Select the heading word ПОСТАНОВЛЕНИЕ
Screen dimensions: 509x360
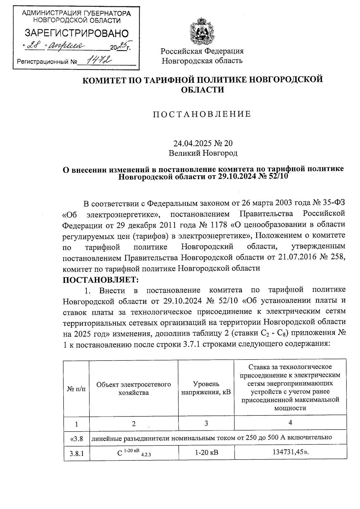point(202,114)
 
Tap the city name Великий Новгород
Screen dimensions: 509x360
point(203,153)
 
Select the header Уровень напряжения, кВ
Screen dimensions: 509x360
point(206,388)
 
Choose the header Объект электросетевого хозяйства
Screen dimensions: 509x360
point(133,388)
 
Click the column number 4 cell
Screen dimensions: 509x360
point(290,423)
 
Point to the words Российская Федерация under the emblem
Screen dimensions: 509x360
point(202,51)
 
